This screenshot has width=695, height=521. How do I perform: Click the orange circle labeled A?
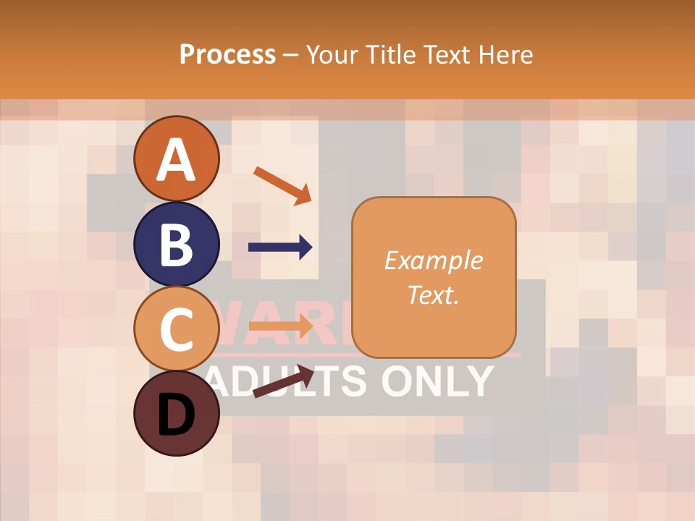[x=177, y=158]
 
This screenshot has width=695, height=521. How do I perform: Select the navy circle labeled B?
[x=177, y=244]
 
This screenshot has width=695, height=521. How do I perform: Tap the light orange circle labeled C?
[x=177, y=329]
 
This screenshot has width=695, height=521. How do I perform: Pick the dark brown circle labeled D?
[x=177, y=413]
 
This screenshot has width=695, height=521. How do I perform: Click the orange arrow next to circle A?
[x=282, y=185]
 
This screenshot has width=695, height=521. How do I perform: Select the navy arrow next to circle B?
[x=280, y=247]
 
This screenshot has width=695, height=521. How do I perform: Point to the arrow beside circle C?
[x=280, y=327]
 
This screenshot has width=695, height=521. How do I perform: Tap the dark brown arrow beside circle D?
[x=283, y=381]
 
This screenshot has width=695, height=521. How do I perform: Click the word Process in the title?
[x=227, y=54]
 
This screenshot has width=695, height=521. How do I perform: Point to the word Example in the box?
[x=433, y=260]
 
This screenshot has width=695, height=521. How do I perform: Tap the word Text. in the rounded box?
[x=433, y=295]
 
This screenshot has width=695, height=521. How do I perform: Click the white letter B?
[x=177, y=245]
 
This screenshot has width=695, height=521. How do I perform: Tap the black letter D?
[x=177, y=414]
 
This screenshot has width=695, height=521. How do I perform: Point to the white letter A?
[x=177, y=159]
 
